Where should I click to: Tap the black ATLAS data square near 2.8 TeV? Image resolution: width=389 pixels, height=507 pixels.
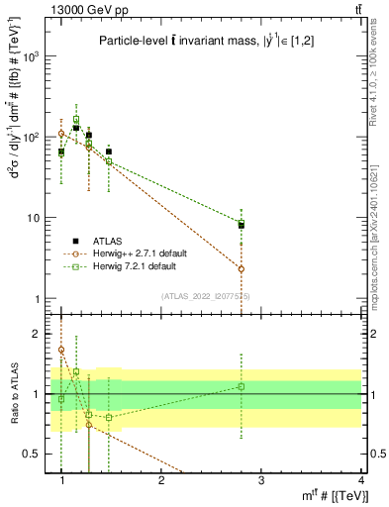pyautogui.click(x=242, y=226)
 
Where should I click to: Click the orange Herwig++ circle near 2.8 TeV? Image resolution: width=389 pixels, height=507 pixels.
pyautogui.click(x=242, y=268)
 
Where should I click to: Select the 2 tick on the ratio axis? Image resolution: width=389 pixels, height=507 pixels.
pyautogui.click(x=41, y=334)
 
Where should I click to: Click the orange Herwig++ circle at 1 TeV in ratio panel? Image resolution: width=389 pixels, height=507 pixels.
pyautogui.click(x=61, y=350)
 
